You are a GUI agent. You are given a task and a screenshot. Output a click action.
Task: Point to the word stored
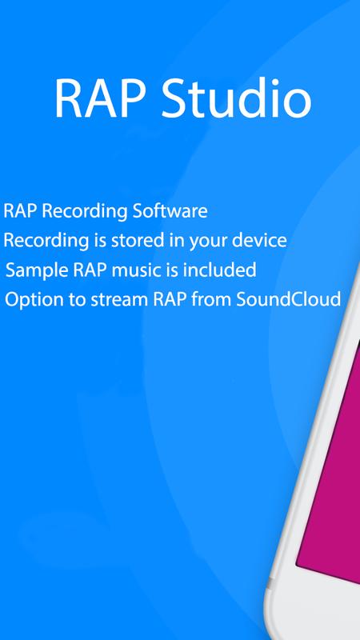click(134, 241)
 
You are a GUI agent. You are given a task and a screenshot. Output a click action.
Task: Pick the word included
click(219, 270)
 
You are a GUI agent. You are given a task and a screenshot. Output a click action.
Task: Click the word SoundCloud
click(289, 299)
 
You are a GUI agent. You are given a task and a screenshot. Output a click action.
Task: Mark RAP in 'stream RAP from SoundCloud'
click(170, 300)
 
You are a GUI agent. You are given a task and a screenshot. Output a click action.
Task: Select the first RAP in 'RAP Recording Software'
click(21, 211)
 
